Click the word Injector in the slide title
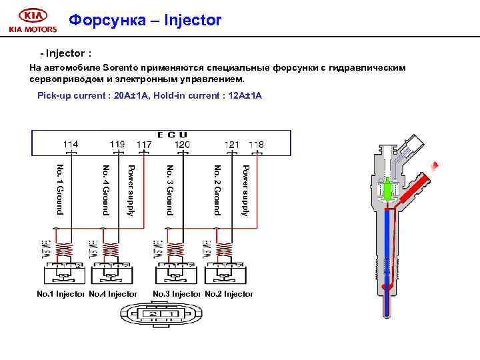191,21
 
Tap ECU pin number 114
70,144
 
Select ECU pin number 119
117,144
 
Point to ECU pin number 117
143,144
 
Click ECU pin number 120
182,144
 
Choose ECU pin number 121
231,144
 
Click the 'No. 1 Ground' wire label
60,189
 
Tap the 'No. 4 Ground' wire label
105,189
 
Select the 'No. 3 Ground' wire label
170,189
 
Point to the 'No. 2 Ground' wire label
217,189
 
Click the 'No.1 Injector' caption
60,293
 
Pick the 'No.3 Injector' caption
177,293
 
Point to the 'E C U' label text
172,135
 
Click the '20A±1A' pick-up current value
131,96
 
